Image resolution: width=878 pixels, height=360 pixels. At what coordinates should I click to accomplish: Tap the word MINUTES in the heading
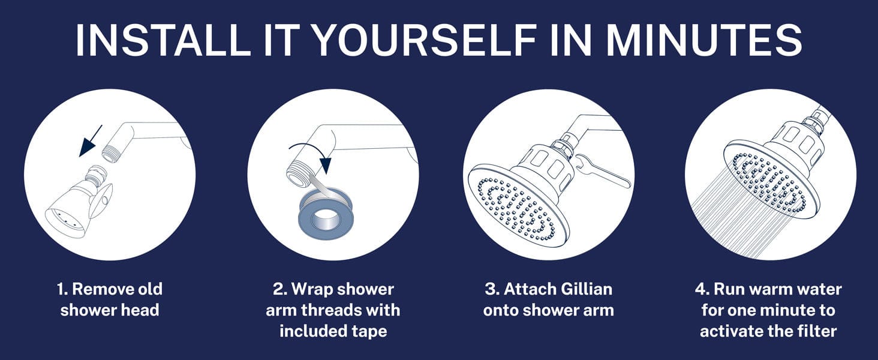[703, 40]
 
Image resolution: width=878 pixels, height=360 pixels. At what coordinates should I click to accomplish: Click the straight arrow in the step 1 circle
[91, 141]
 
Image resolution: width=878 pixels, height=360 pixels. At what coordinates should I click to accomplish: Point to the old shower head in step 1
[79, 203]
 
